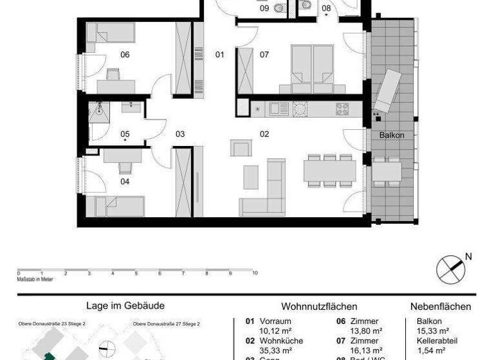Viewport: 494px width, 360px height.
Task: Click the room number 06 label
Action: [125, 55]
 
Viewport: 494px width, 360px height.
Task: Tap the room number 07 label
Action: [264, 55]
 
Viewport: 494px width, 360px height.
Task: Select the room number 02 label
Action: [264, 134]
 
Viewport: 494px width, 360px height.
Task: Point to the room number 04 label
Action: [125, 182]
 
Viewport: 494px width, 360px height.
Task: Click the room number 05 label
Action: [125, 134]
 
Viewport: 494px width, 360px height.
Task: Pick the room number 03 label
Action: [180, 134]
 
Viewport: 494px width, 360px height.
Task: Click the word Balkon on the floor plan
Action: [392, 135]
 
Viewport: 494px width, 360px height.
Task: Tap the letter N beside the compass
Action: [468, 256]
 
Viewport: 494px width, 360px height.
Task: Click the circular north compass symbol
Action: [450, 269]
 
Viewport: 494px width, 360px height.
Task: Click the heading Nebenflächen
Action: [441, 307]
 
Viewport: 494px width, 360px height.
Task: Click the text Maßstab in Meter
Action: [35, 279]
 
